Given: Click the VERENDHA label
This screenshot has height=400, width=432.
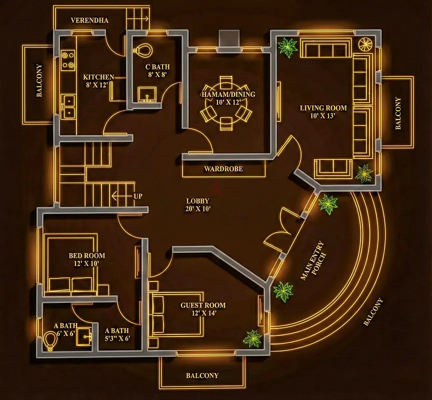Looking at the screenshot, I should pyautogui.click(x=89, y=20).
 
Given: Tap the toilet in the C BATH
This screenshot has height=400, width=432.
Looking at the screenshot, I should pyautogui.click(x=143, y=49).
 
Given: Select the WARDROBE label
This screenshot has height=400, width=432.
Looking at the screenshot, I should pyautogui.click(x=223, y=169).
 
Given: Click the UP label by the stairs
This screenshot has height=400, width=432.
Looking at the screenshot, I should pyautogui.click(x=137, y=196).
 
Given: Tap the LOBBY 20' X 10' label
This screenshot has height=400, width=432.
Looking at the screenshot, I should pyautogui.click(x=198, y=205).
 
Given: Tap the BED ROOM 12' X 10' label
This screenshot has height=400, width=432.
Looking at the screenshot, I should pyautogui.click(x=86, y=259).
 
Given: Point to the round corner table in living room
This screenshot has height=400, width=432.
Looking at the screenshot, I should pyautogui.click(x=365, y=44).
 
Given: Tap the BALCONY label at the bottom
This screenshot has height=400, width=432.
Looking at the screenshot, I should pyautogui.click(x=202, y=375).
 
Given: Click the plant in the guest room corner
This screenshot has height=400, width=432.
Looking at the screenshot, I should pyautogui.click(x=252, y=338).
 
